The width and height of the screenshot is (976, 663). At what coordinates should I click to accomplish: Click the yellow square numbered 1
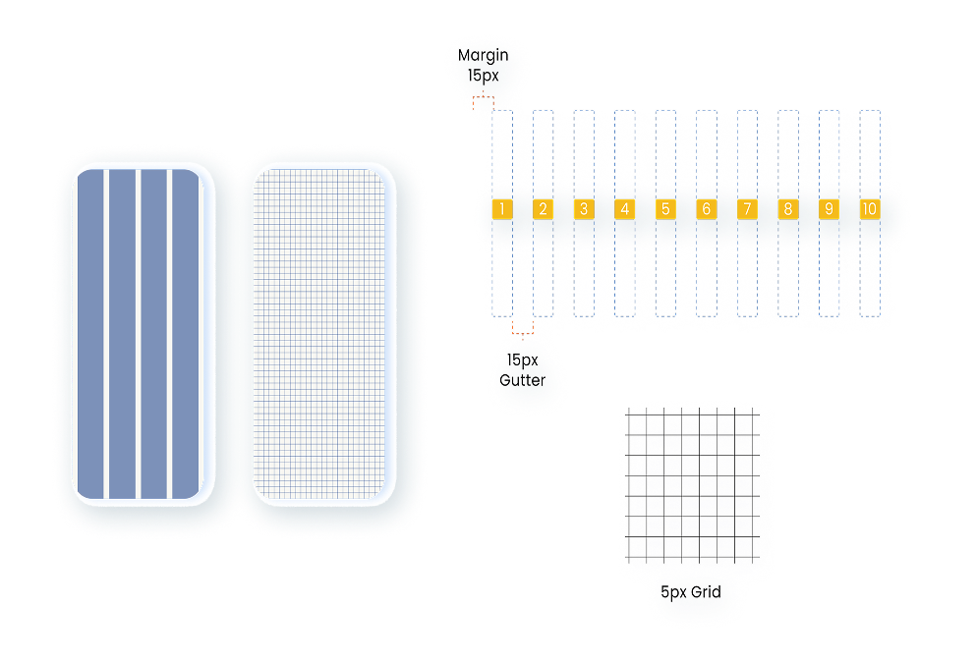(501, 209)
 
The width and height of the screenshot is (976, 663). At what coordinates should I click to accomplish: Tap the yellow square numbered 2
(543, 209)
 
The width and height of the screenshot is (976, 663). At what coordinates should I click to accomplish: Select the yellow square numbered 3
(583, 209)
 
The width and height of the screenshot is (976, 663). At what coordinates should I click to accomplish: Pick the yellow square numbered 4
(624, 209)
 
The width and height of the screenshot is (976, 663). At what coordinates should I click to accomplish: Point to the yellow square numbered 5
(664, 209)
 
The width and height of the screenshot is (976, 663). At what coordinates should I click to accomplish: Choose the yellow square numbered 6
(706, 209)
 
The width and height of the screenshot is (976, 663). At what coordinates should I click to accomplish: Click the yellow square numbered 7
(747, 209)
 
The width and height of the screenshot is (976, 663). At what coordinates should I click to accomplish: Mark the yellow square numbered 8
(787, 209)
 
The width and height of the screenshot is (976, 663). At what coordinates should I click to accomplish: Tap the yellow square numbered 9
(829, 209)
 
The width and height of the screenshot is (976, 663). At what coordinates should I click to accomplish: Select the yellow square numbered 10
(869, 209)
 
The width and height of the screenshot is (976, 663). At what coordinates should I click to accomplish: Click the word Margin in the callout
(484, 56)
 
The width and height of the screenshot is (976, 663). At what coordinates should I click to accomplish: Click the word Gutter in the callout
(522, 380)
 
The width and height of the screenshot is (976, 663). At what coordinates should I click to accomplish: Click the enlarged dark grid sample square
(693, 486)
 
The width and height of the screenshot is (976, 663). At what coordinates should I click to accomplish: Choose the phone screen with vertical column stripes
(139, 334)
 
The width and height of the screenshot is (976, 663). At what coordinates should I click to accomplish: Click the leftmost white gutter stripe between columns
(105, 334)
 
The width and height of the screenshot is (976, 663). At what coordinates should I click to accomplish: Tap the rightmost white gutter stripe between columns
(171, 334)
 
